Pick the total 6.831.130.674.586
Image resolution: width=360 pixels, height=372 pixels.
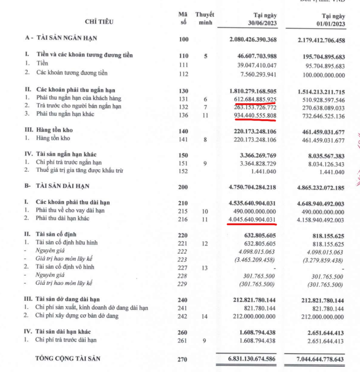pyautogui.click(x=249, y=359)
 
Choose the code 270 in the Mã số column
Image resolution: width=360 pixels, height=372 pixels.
pyautogui.click(x=183, y=359)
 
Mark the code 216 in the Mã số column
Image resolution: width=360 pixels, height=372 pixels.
pyautogui.click(x=183, y=219)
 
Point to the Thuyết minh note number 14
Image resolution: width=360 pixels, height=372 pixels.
pyautogui.click(x=205, y=316)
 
